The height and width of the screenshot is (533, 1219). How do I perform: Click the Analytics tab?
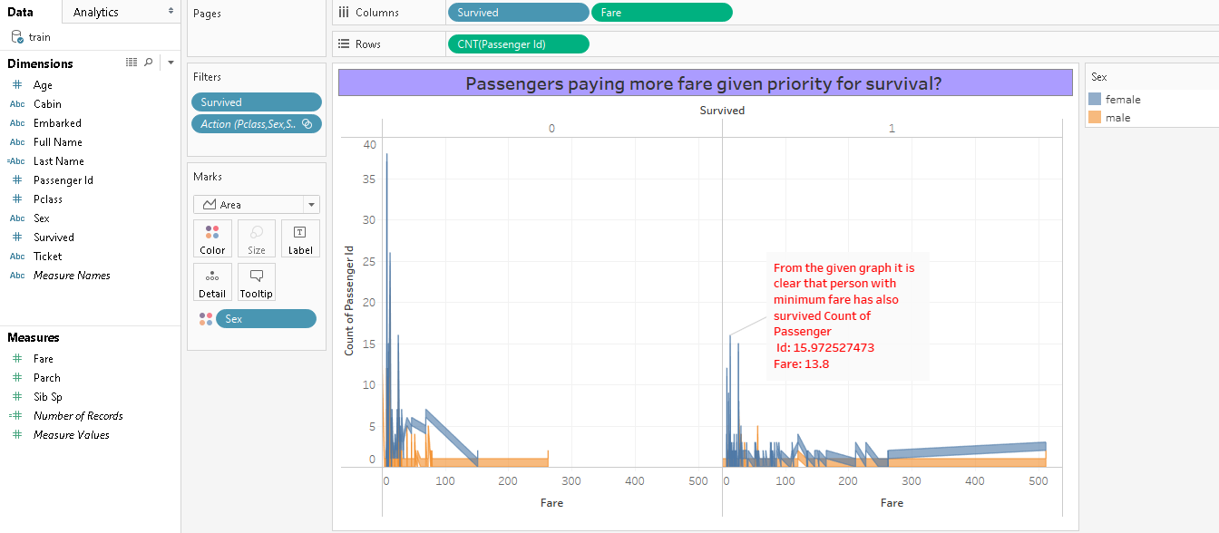tap(95, 12)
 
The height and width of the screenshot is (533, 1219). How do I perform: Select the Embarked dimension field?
tap(57, 122)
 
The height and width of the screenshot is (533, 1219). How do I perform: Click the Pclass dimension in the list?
tap(48, 199)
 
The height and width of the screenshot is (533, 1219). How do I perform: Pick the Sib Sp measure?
tap(48, 396)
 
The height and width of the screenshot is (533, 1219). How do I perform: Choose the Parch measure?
tap(47, 377)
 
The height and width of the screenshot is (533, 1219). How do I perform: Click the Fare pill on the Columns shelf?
tap(661, 13)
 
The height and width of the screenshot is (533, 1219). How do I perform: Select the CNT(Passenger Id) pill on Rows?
tap(518, 44)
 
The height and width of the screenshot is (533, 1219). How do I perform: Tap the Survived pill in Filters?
tap(257, 102)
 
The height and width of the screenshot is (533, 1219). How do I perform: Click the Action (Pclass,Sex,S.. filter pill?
tap(257, 124)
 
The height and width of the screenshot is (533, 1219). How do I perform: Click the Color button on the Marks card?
tap(212, 238)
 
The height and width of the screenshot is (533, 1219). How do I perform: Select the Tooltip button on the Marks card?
tap(257, 282)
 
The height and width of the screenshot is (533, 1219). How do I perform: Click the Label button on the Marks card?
tap(300, 238)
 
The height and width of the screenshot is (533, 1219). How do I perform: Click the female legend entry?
tap(1123, 100)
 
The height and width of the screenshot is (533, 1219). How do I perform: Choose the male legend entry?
tap(1117, 118)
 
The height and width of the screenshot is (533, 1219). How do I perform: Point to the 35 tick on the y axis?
tap(368, 179)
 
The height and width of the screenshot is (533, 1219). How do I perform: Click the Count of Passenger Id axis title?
tap(350, 299)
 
